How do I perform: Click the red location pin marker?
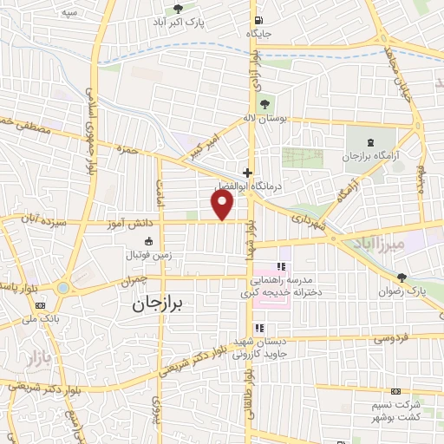click(223, 205)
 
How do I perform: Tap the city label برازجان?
click(166, 305)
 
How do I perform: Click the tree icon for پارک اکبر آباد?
click(178, 10)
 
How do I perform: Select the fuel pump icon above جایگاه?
click(258, 21)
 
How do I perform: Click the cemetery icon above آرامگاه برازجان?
click(370, 142)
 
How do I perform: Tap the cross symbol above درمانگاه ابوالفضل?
click(249, 173)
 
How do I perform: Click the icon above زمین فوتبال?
click(147, 240)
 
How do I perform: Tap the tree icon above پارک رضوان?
click(401, 277)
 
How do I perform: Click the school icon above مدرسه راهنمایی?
click(280, 267)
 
